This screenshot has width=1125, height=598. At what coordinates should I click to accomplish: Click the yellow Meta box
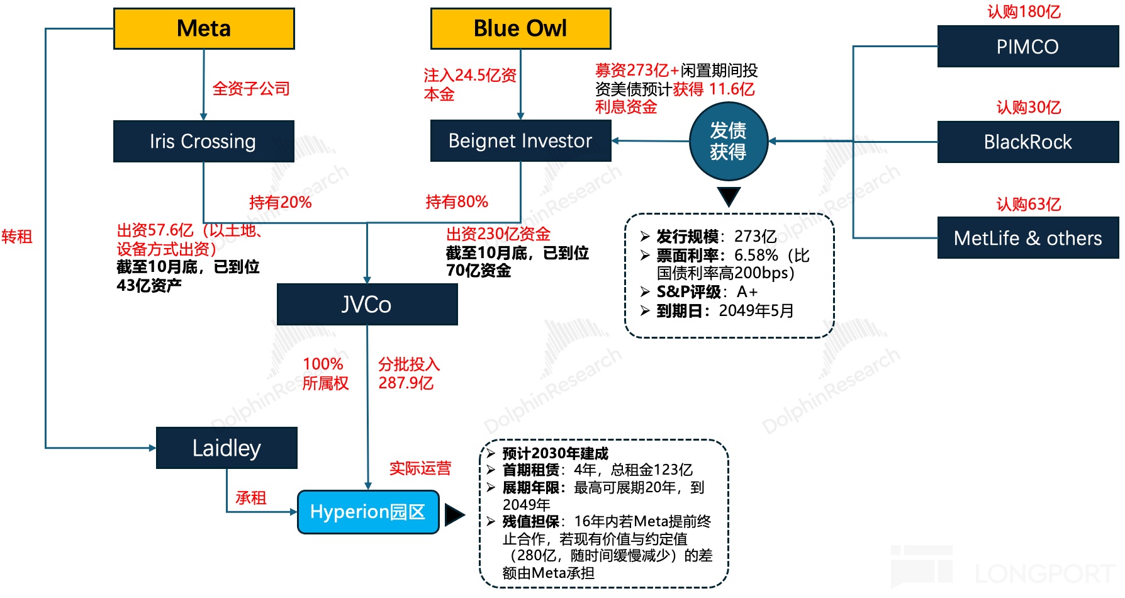coord(204,29)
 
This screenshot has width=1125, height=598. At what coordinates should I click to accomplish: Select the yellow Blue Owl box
coord(520,29)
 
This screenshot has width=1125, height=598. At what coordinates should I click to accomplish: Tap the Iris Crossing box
coord(203,141)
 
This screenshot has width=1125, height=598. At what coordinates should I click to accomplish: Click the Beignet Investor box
coord(520,141)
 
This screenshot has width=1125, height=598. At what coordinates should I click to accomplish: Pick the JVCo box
coord(367,305)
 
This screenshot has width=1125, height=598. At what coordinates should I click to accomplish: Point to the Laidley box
coord(227,448)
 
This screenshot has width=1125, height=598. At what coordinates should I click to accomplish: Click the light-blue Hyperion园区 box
coord(368,512)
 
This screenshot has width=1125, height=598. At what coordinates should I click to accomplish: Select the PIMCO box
coord(1027,47)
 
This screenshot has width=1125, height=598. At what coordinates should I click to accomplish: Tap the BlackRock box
coord(1027,142)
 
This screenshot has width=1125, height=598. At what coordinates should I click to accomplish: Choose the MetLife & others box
coord(1027,238)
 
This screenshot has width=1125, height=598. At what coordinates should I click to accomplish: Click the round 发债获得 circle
coord(728,142)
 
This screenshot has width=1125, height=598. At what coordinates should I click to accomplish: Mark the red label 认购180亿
coord(1024,12)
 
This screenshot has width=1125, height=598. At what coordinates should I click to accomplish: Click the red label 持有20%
coord(280,203)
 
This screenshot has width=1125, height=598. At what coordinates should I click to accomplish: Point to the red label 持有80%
coord(457,202)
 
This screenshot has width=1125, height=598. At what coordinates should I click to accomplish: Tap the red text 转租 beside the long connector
coord(17,237)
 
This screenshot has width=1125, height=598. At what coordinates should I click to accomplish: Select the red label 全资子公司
coord(251,89)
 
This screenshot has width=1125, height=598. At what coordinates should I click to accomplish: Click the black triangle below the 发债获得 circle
coord(729,196)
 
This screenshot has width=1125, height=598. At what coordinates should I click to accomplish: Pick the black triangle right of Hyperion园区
coord(454,515)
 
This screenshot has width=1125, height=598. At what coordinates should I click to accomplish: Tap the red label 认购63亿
coord(1028,205)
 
